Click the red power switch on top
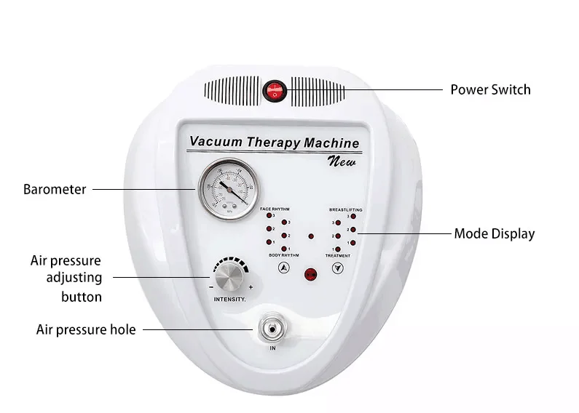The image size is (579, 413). [x=275, y=90]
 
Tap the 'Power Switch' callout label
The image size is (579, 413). [x=489, y=90]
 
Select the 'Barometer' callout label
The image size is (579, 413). [x=55, y=189]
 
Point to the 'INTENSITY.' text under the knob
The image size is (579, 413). [x=230, y=299]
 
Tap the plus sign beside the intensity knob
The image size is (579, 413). [x=251, y=287]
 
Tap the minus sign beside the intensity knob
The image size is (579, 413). [x=210, y=287]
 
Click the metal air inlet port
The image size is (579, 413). [x=272, y=330]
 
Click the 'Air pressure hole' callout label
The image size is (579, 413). [x=86, y=329]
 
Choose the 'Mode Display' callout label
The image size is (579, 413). [x=494, y=233]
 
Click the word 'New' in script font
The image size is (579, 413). [x=342, y=161]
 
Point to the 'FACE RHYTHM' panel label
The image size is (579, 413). [x=275, y=209]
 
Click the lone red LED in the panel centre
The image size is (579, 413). [x=311, y=236]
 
